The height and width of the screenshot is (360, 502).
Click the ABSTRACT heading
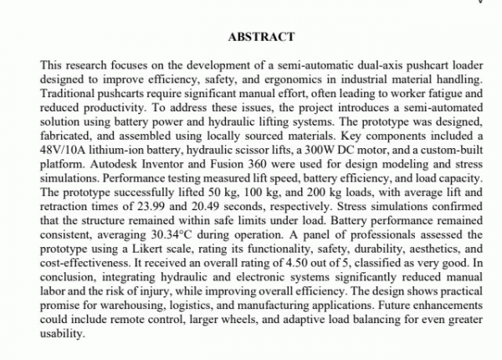pos(259,38)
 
